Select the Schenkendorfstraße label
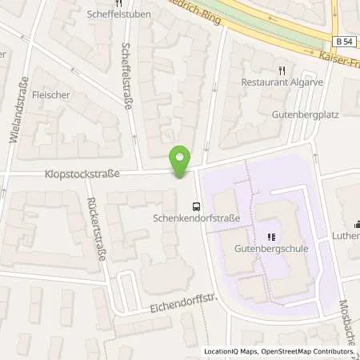pyautogui.click(x=198, y=217)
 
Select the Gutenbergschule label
pyautogui.click(x=270, y=249)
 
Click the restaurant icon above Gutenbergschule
pyautogui.click(x=270, y=237)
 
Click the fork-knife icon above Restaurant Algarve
pyautogui.click(x=280, y=70)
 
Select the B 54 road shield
pyautogui.click(x=342, y=41)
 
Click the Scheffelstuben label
pyautogui.click(x=112, y=13)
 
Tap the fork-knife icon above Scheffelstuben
pyautogui.click(x=112, y=2)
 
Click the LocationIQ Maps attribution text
pyautogui.click(x=230, y=351)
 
